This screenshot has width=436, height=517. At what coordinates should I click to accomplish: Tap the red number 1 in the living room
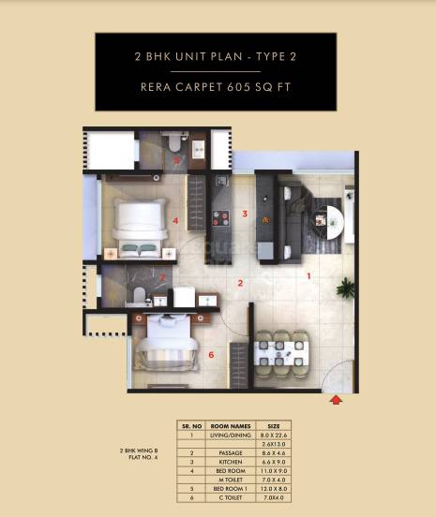tap(310, 276)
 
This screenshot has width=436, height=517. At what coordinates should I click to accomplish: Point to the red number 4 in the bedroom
tap(175, 221)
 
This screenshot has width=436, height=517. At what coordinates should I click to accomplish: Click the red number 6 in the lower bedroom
tap(211, 355)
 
